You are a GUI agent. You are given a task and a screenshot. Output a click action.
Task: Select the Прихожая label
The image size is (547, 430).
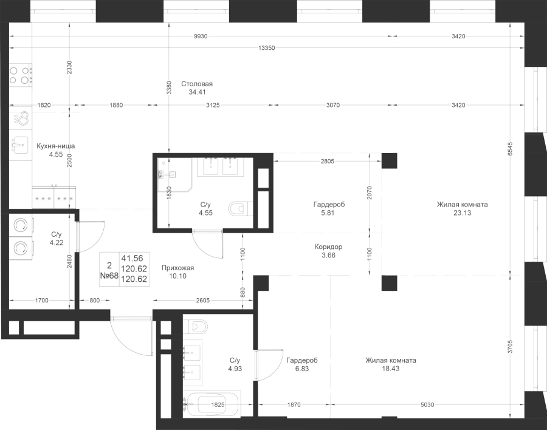178,268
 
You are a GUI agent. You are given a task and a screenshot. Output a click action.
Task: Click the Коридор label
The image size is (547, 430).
329,247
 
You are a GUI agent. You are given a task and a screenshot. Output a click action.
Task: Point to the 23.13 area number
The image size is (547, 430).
462,213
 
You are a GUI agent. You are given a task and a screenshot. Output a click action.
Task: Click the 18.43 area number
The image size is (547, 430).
390,369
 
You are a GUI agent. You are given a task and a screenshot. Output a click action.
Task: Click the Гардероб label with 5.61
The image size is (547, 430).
329,205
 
